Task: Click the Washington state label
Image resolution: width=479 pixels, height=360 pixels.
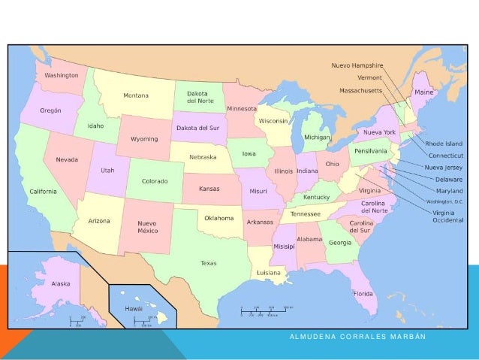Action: tap(61, 76)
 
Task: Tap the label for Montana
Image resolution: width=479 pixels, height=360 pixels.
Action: tap(136, 95)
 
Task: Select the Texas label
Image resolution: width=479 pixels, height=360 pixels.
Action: tap(208, 263)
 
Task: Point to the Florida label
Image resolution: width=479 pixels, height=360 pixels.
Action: tap(363, 293)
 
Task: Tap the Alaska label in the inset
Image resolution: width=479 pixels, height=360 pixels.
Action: tap(61, 284)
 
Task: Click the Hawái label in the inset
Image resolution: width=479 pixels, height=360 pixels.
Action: tap(134, 308)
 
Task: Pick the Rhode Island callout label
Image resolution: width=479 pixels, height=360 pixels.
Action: tap(444, 143)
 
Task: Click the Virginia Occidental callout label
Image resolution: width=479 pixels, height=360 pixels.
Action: tap(447, 217)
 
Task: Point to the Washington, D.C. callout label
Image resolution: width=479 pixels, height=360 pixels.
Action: tap(444, 201)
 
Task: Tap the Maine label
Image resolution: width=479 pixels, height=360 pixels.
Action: tap(424, 92)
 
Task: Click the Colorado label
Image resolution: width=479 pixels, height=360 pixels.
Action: tap(155, 181)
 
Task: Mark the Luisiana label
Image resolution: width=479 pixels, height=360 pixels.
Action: tap(269, 272)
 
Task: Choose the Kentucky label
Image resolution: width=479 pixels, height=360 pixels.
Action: tap(317, 197)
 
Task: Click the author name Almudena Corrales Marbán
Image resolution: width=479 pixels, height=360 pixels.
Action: tap(357, 337)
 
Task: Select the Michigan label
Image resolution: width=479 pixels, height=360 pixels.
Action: tap(316, 138)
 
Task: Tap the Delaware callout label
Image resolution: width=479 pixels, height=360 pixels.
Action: tap(449, 180)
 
